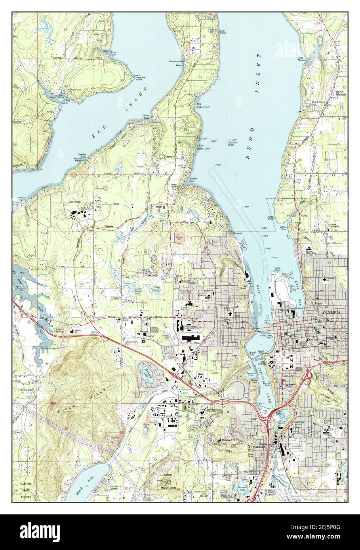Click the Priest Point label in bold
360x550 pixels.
click(x=270, y=218)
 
